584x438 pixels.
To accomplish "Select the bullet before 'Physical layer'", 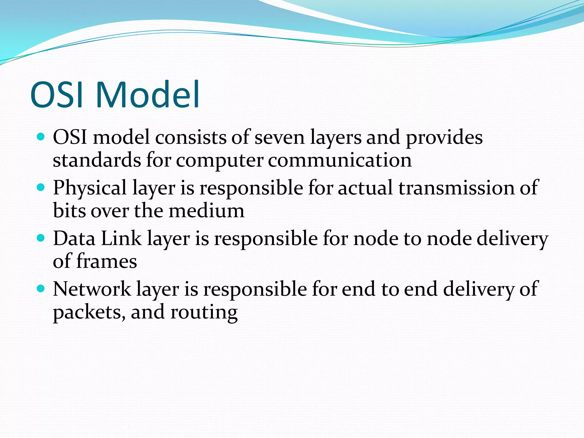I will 41,188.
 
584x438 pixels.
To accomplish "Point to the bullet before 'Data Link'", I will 41,238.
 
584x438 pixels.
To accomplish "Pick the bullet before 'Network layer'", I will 41,289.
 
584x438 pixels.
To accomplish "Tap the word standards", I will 97,160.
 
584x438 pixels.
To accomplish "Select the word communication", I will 340,160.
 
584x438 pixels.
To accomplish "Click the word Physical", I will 90,188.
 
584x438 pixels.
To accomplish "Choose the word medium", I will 206,211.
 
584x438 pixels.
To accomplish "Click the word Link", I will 121,239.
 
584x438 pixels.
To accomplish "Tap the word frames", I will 106,261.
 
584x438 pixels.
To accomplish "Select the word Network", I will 92,289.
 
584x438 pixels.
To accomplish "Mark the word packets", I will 89,313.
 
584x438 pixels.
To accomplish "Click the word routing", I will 204,313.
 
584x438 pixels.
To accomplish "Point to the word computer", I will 219,161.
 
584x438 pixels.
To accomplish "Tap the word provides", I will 444,138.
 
